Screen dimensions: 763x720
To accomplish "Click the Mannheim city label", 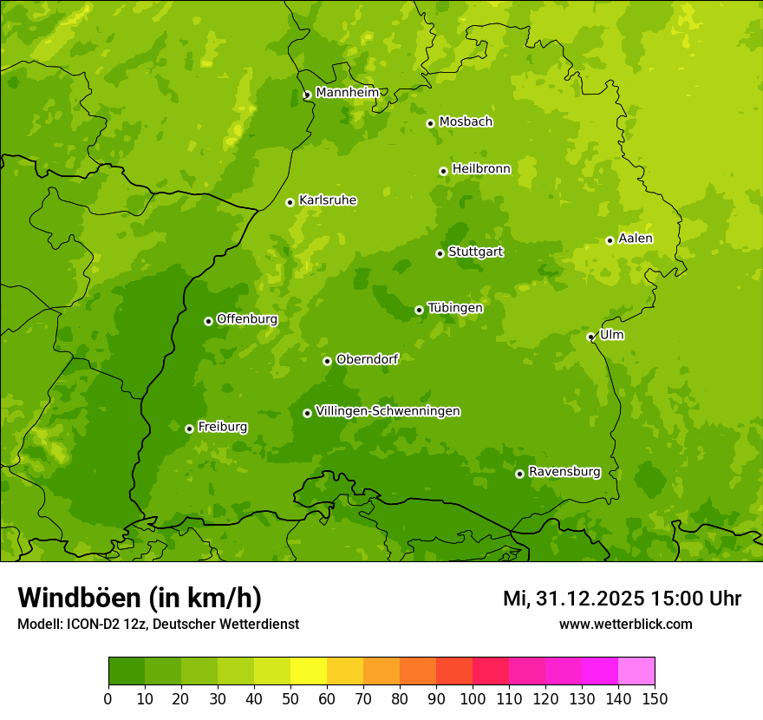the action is click(347, 93).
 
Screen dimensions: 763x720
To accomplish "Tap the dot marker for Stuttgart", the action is click(440, 253).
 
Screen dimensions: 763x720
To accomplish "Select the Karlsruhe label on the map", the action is click(327, 200).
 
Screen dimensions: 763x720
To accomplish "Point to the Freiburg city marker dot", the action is click(189, 429).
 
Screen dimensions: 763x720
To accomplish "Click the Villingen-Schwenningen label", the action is click(388, 411).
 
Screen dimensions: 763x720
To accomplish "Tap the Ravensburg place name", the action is click(564, 472).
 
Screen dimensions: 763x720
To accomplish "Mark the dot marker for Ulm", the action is click(590, 337).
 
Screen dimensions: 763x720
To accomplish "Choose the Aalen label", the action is click(636, 239).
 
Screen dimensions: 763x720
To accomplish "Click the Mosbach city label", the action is click(466, 122).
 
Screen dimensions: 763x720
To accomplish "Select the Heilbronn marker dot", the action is click(443, 171).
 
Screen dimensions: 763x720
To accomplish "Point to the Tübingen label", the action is click(455, 308).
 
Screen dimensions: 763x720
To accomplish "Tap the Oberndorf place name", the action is click(367, 359).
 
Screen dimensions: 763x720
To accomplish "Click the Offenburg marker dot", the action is click(208, 321).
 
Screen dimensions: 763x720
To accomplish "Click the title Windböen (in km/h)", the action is click(139, 598).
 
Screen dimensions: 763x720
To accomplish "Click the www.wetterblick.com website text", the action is click(625, 624).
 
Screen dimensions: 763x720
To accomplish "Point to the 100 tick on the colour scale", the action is click(473, 698).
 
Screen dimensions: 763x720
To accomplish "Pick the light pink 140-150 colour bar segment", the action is click(636, 671).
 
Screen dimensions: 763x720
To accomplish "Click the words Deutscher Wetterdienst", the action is click(227, 624).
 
